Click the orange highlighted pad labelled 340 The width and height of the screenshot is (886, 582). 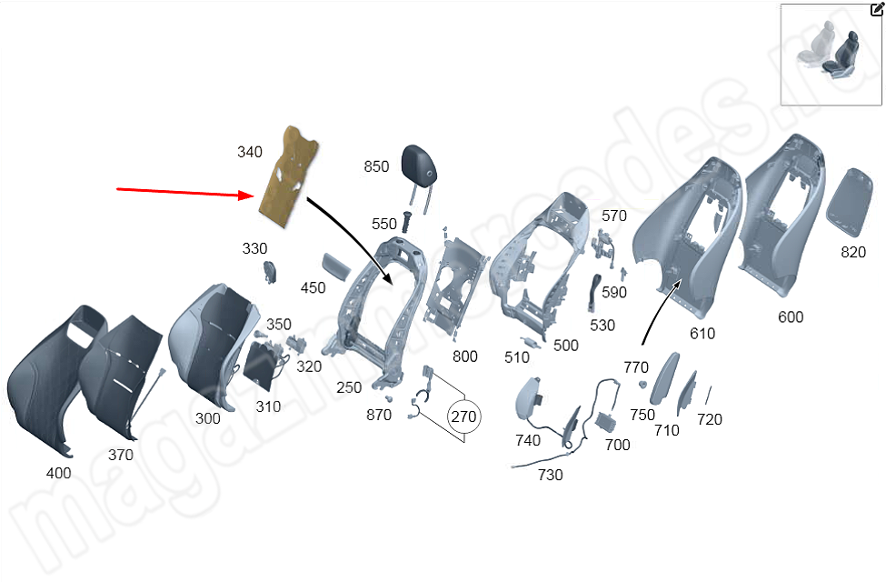click(290, 177)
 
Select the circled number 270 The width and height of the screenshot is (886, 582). click(463, 416)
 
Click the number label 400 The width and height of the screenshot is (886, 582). click(58, 473)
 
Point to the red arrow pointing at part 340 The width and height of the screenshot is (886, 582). click(182, 192)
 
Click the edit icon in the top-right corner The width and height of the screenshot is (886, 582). click(877, 9)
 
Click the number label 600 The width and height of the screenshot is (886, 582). click(791, 317)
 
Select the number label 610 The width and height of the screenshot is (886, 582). click(702, 334)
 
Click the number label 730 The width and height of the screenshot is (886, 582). click(550, 475)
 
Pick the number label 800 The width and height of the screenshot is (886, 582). click(464, 356)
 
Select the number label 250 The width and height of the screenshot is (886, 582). click(349, 387)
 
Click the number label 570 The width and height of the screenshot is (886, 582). click(614, 216)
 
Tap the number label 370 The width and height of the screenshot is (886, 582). click(120, 455)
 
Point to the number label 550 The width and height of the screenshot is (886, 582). click(384, 224)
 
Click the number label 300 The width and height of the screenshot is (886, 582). click(207, 418)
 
